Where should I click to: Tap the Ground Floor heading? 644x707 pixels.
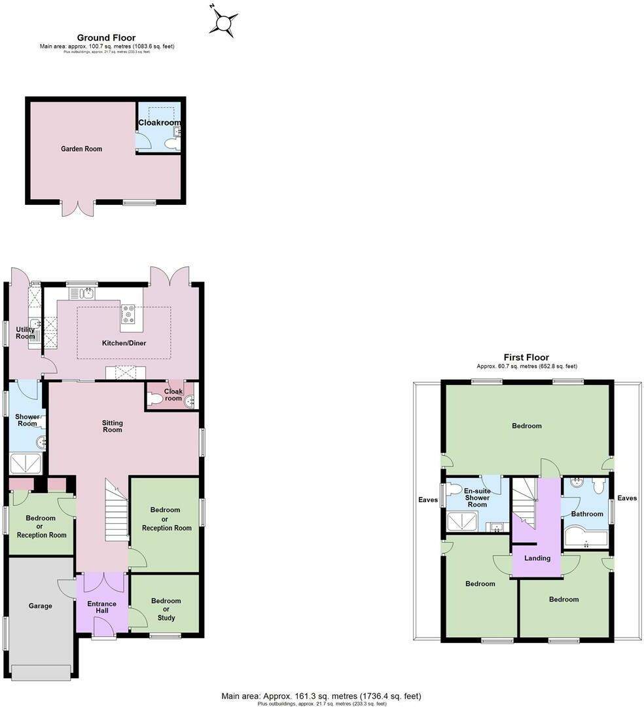pos(106,38)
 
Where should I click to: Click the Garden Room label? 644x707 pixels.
pos(82,149)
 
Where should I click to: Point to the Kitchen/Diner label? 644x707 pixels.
pos(124,343)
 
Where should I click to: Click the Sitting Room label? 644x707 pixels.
pos(112,426)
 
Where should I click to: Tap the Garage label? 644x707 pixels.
pos(40,606)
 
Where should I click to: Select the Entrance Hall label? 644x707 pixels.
pos(102,607)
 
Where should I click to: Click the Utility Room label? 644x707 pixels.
pos(25,333)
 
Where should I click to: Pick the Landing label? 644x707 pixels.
pos(537,558)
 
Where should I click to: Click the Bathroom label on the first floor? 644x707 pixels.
pos(586,514)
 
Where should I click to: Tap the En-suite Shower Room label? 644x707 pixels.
pos(477,498)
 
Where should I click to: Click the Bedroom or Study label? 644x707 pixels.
pos(166,609)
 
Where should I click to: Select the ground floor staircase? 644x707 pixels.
pos(116,510)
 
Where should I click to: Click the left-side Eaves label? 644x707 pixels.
pos(429,500)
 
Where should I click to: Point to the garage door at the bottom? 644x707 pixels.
pos(41,672)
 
